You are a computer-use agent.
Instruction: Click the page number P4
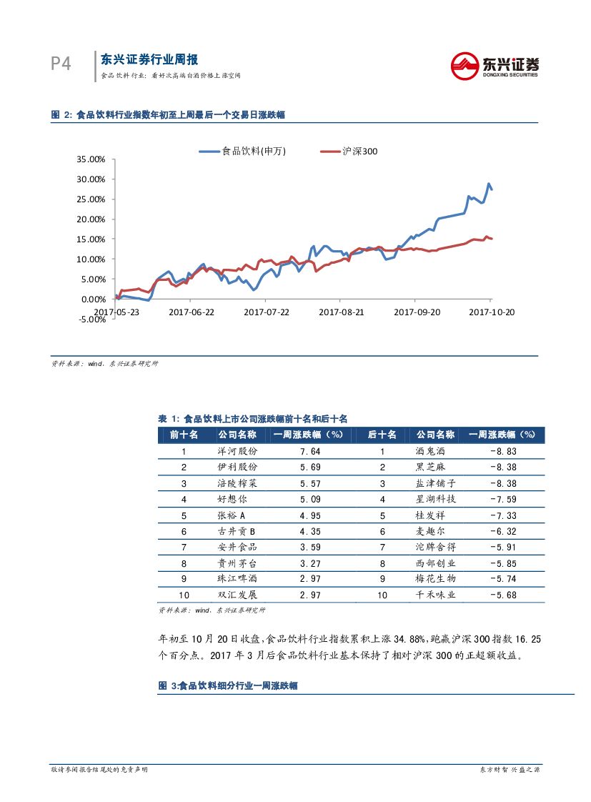(61, 64)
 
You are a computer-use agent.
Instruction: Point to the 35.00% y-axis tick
(90, 159)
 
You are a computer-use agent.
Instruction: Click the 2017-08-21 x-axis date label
(341, 312)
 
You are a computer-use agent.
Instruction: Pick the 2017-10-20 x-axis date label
(491, 312)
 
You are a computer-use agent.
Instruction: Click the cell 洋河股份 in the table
(237, 452)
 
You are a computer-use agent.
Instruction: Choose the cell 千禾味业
(435, 595)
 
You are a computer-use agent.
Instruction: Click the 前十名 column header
(184, 435)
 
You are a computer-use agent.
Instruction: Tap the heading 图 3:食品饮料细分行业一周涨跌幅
(227, 685)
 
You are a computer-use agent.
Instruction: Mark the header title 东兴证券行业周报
(149, 60)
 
